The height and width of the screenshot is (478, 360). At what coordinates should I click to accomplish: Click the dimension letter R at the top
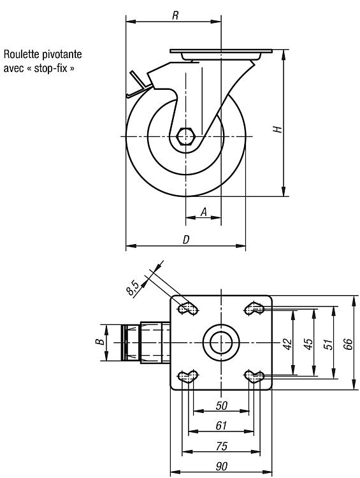point(175,15)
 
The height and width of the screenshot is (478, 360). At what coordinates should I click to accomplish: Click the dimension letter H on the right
point(277,129)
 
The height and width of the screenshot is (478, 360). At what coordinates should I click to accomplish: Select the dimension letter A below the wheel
point(204,212)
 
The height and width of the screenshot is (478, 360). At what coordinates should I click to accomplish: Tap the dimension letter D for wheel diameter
point(185,240)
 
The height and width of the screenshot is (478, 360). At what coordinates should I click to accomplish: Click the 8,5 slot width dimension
point(133,287)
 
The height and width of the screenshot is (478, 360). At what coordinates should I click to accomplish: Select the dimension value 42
point(288,344)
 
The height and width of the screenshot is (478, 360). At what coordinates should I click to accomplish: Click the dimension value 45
point(308,344)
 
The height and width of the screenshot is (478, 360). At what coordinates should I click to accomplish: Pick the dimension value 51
point(329,344)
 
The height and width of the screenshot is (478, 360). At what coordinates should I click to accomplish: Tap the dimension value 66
point(348,344)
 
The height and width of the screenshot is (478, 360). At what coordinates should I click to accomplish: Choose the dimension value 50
point(222,406)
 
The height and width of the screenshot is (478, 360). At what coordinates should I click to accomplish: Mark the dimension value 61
point(221,426)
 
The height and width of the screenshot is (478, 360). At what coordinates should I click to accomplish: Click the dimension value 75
point(222,446)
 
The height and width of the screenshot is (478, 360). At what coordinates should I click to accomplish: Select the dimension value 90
point(222,467)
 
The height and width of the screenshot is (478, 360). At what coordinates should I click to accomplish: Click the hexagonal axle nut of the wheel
point(185,136)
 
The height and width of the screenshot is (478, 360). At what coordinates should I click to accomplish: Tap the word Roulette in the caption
point(21,54)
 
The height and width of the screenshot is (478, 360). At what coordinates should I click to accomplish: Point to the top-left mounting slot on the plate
point(187,308)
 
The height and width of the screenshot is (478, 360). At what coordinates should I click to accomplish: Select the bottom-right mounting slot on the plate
point(254,377)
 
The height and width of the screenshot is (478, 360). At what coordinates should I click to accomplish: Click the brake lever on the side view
point(139,85)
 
